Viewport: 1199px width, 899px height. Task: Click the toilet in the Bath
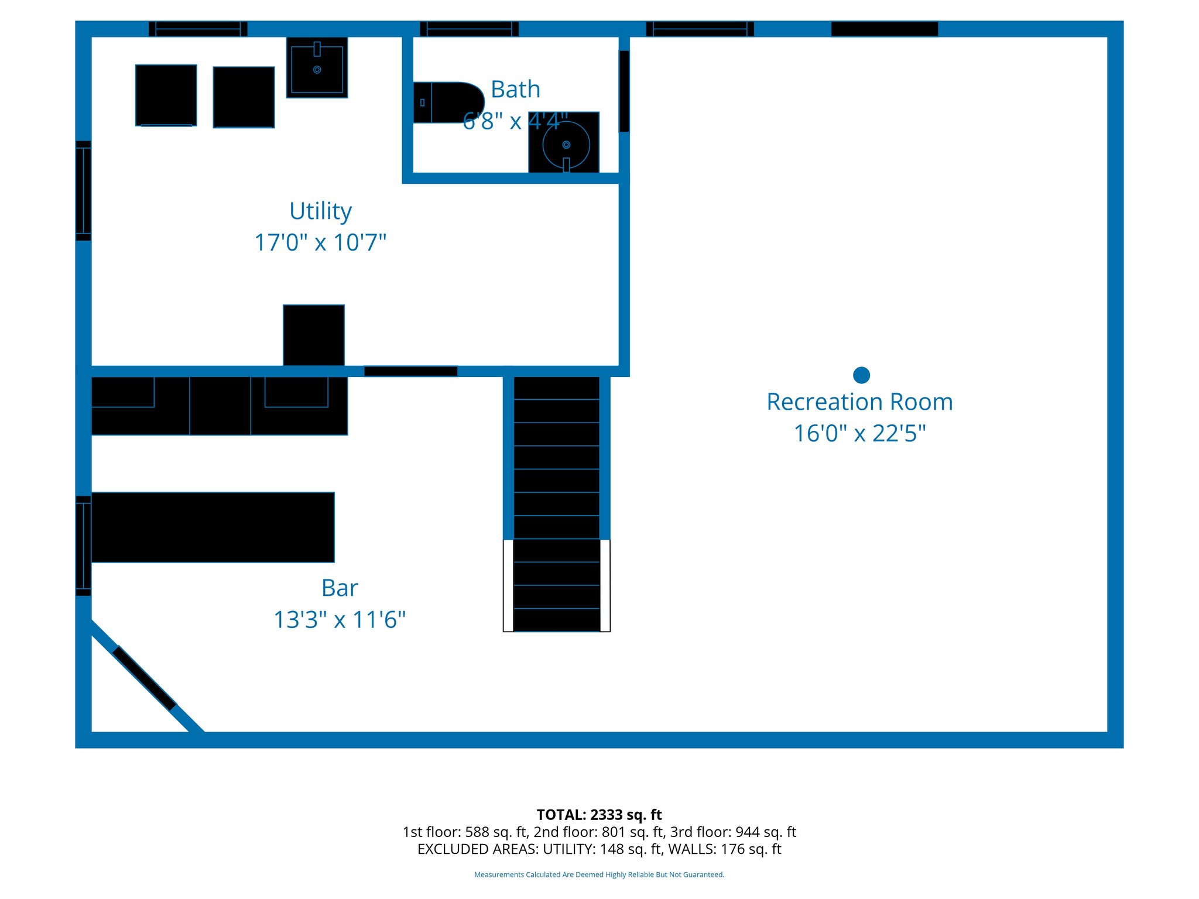point(447,102)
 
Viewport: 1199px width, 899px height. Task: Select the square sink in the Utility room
point(317,68)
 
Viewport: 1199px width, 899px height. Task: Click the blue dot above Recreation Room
point(861,375)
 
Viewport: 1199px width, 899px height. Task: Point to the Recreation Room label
point(859,402)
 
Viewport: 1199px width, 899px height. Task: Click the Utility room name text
point(320,211)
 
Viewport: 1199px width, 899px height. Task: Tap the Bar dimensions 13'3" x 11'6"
point(340,620)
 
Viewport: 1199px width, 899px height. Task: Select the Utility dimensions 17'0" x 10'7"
point(320,242)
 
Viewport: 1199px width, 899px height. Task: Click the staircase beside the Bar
point(556,503)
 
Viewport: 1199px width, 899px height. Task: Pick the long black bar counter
point(213,527)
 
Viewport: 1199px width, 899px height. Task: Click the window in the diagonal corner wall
point(144,678)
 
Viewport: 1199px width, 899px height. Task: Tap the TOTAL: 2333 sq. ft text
point(599,815)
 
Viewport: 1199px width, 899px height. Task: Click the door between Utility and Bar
point(410,371)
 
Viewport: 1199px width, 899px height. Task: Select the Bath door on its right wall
point(624,91)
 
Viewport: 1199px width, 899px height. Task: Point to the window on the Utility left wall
point(83,190)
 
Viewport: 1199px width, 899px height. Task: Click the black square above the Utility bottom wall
point(314,335)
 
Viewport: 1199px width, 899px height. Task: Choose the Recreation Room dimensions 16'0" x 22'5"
point(859,434)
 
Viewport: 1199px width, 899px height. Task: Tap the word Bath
point(515,90)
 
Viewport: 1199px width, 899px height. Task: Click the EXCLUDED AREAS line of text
point(599,849)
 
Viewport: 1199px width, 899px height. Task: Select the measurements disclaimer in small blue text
point(599,874)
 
